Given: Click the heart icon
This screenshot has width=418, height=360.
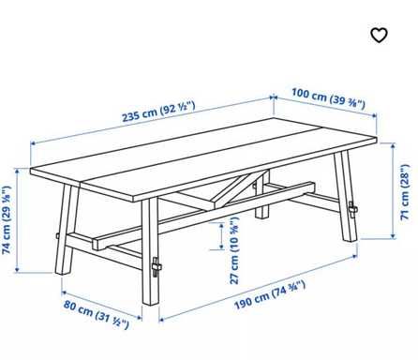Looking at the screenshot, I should (x=378, y=36).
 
